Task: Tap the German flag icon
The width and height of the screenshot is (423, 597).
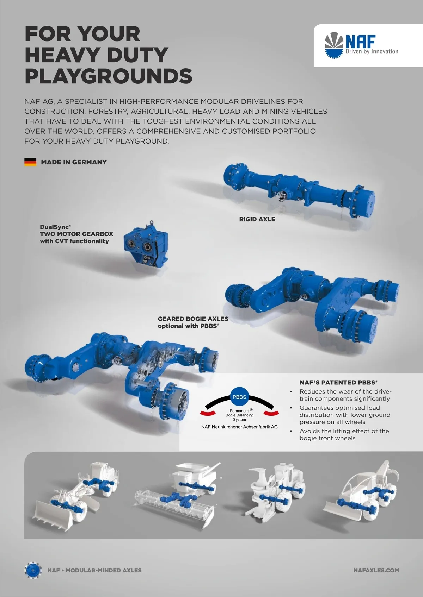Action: (x=30, y=162)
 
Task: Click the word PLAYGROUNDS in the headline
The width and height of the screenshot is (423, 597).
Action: (x=108, y=76)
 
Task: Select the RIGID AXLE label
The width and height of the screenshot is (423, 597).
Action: (x=257, y=219)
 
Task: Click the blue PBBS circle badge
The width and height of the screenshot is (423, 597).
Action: (x=239, y=397)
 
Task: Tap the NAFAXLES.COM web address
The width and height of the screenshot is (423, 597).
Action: (x=376, y=570)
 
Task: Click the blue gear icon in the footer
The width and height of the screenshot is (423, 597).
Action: (x=33, y=570)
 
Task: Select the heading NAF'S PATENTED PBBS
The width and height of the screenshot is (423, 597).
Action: (x=338, y=382)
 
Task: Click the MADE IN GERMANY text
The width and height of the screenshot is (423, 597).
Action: (x=74, y=162)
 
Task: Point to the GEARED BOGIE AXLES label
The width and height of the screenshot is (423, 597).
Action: (x=193, y=319)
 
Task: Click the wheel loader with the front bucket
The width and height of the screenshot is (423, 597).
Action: (x=76, y=496)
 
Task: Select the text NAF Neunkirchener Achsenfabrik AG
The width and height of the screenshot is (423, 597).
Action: (x=239, y=427)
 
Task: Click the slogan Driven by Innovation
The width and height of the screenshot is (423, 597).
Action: (x=372, y=51)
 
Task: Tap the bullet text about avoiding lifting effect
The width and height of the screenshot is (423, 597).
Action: (x=344, y=434)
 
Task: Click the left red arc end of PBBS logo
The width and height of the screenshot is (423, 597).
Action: (x=208, y=413)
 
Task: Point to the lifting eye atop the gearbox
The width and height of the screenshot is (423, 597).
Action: (x=151, y=222)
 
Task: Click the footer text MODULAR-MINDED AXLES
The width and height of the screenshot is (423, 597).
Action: (x=104, y=570)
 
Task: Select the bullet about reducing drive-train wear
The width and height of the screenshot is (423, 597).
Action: (x=345, y=395)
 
